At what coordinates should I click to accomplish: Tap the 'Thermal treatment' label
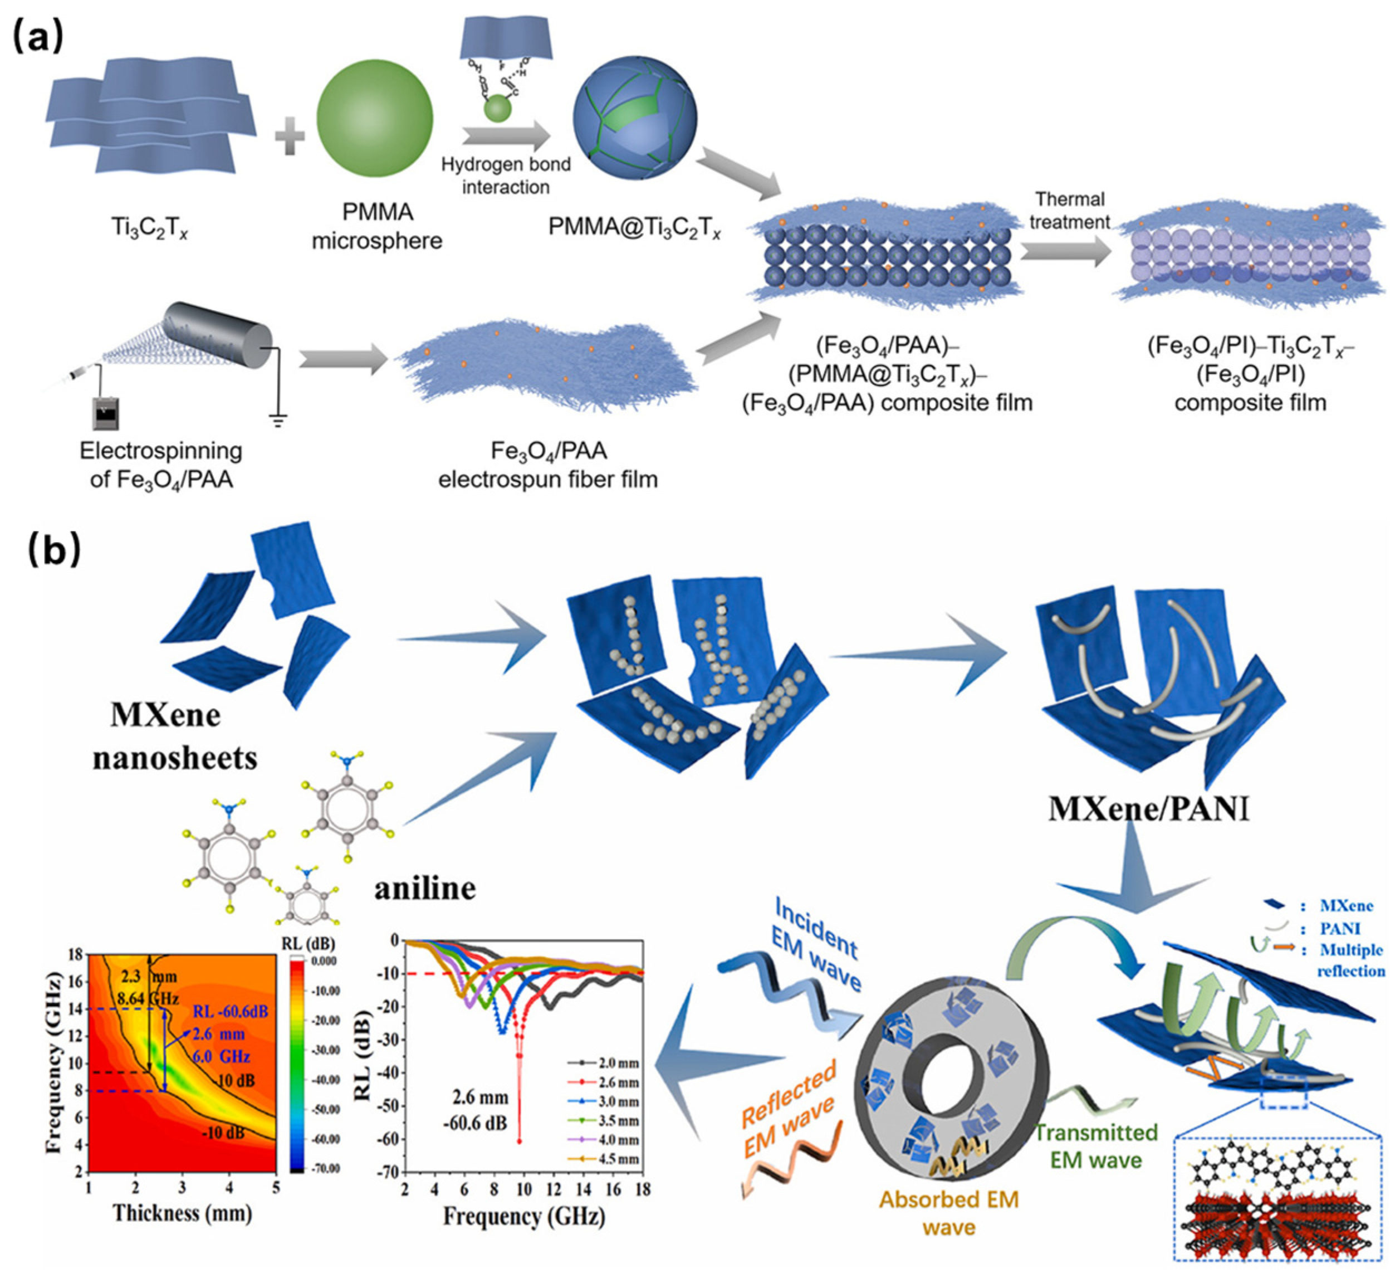pyautogui.click(x=1070, y=211)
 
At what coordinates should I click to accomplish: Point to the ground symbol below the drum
pyautogui.click(x=278, y=420)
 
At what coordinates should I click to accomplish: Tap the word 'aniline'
pyautogui.click(x=425, y=887)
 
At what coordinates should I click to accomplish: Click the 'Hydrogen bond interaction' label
pyautogui.click(x=506, y=176)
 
